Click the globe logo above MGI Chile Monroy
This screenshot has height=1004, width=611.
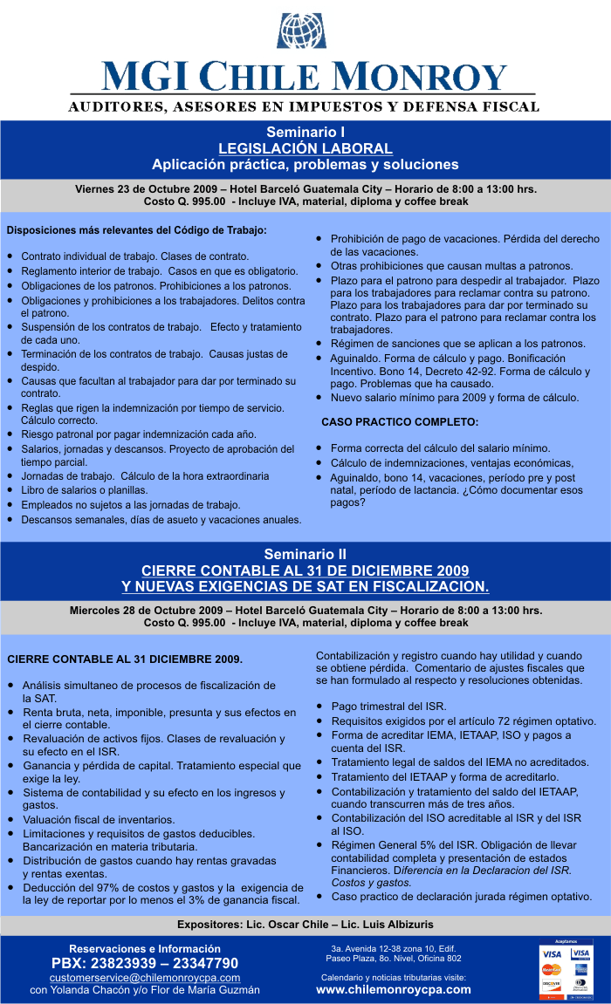point(301,31)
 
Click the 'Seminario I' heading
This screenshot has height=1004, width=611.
point(305,132)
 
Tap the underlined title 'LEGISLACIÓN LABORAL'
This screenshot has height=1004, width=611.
point(305,148)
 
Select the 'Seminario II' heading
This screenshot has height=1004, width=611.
point(305,554)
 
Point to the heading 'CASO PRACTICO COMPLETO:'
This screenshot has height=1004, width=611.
point(400,422)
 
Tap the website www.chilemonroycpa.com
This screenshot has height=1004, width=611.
point(393,989)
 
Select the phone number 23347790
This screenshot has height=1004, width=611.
point(204,963)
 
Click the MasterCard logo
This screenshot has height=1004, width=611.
point(551,969)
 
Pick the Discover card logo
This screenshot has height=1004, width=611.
point(551,986)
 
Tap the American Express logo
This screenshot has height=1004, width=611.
point(580,969)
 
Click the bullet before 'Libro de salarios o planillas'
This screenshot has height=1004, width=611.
point(9,491)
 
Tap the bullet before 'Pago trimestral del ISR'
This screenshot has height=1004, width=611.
point(321,706)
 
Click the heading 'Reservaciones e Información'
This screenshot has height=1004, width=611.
point(145,948)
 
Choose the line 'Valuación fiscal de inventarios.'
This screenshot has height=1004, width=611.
point(98,820)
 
